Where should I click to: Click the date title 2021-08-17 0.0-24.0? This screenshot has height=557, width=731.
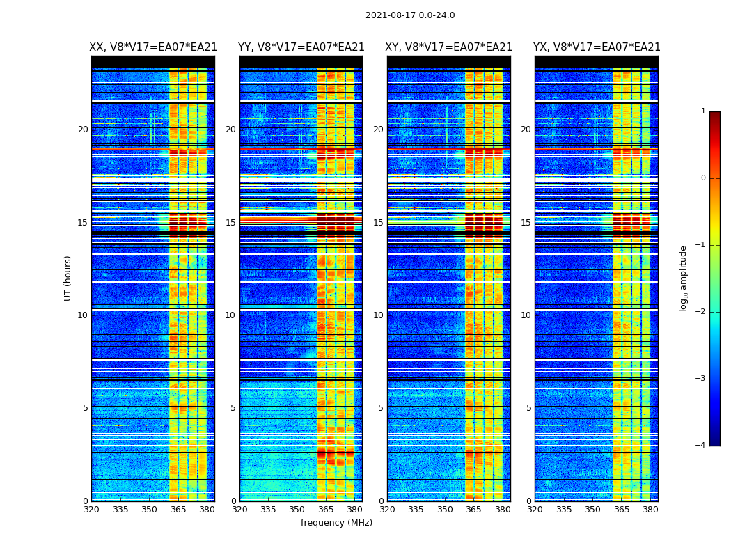[410, 15]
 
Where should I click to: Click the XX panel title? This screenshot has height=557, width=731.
[153, 47]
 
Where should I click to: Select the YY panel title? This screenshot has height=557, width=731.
[301, 47]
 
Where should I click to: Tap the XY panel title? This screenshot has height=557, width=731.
[449, 47]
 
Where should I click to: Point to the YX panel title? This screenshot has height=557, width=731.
[597, 47]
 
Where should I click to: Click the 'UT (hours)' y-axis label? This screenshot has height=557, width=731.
[68, 278]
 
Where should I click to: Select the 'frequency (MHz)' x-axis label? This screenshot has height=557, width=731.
[336, 523]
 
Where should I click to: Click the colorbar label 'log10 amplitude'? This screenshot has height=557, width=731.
[684, 278]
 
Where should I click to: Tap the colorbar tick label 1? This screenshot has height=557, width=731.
[703, 111]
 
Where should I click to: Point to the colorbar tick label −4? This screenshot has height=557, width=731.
[701, 446]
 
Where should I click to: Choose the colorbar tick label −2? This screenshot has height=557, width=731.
[701, 312]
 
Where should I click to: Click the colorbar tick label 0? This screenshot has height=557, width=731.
[703, 178]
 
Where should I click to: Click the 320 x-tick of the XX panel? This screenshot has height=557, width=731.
[91, 510]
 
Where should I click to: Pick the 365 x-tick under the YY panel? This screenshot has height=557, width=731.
[326, 510]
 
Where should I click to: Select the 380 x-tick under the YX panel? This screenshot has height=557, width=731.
[650, 510]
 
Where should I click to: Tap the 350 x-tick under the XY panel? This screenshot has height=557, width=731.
[445, 510]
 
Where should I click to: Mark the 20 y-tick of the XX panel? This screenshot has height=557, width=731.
[83, 130]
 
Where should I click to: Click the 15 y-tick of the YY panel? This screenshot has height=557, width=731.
[230, 223]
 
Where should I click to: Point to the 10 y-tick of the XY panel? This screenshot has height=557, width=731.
[378, 315]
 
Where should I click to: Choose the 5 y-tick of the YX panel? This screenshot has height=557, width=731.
[528, 408]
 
